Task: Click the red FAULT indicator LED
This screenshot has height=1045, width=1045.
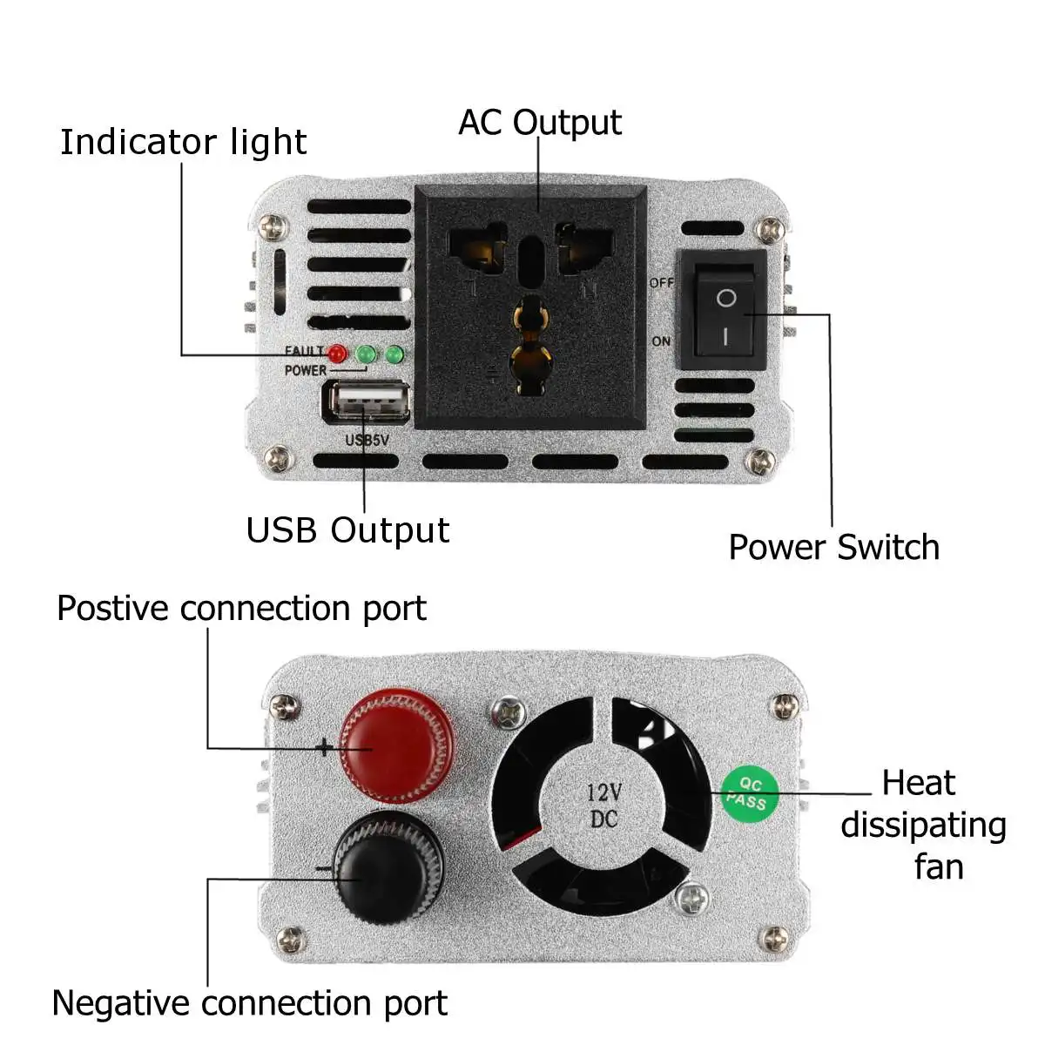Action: click(x=337, y=354)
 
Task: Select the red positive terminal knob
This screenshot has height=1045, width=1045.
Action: click(x=397, y=745)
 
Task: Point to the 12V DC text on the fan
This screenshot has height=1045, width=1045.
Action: click(x=603, y=805)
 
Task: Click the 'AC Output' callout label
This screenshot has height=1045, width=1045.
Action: click(x=540, y=123)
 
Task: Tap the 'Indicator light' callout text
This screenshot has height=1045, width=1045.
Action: click(x=183, y=142)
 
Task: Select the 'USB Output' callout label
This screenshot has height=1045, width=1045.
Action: click(x=347, y=530)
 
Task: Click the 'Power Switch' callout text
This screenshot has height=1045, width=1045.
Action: click(x=833, y=548)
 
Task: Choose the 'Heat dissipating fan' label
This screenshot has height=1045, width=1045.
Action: click(x=923, y=825)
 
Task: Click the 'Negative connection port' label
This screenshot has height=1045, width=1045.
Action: click(x=249, y=1003)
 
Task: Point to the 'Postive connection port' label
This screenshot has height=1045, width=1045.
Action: click(x=241, y=608)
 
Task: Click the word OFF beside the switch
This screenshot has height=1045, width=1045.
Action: click(x=662, y=283)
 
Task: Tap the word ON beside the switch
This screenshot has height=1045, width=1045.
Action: click(x=662, y=341)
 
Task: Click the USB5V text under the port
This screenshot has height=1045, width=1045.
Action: click(x=367, y=441)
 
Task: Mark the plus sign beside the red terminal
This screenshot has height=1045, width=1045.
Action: click(x=324, y=747)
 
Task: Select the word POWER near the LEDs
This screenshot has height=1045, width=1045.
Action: click(x=305, y=370)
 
